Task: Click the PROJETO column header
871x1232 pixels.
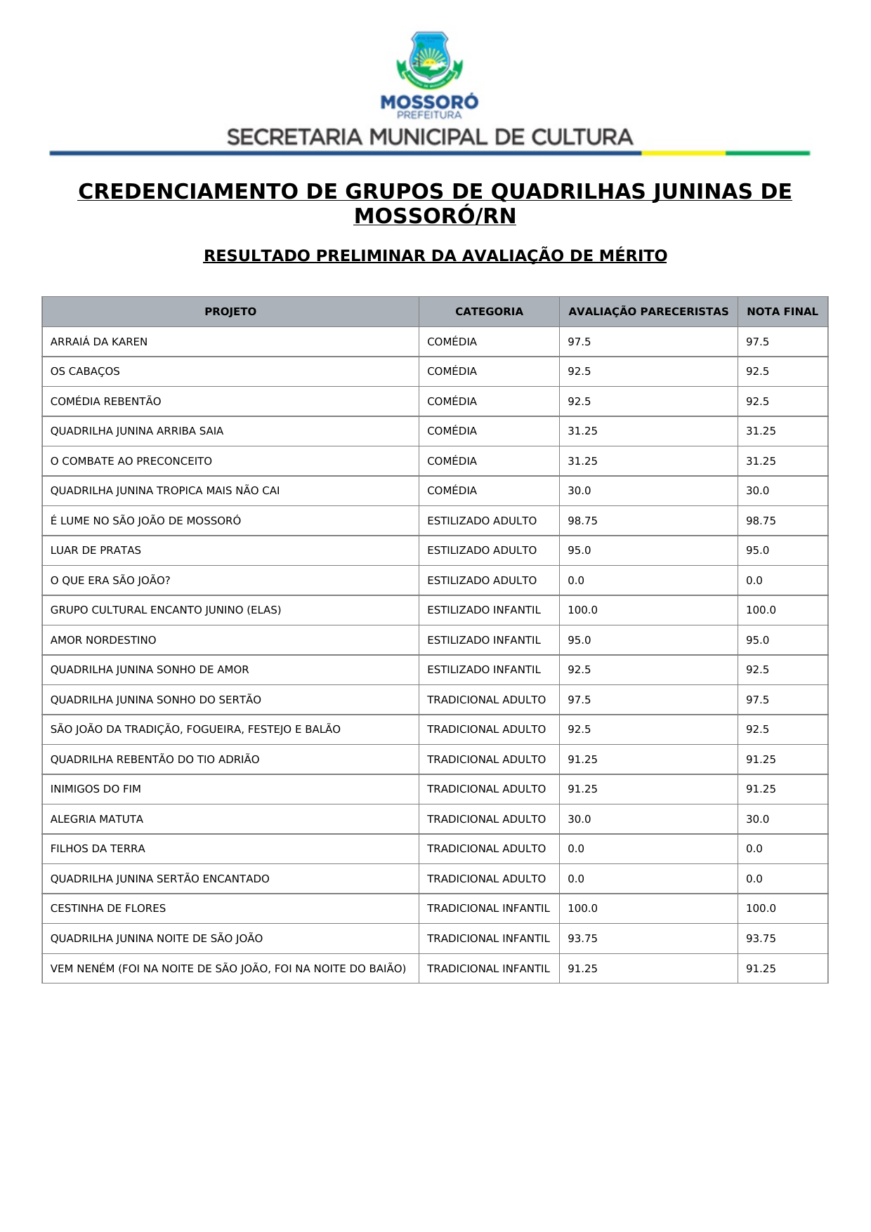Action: (x=230, y=312)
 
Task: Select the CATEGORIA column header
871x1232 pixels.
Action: (x=489, y=312)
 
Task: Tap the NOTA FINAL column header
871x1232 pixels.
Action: (x=782, y=312)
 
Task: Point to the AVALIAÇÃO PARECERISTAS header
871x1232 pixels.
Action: (x=648, y=312)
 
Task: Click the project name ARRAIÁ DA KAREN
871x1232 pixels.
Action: (x=99, y=342)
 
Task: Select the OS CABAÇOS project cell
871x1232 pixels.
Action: (x=85, y=371)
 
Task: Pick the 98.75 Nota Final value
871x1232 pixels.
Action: (x=761, y=521)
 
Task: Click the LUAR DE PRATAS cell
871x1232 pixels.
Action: (x=96, y=550)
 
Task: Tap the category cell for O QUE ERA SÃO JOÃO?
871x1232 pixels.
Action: (x=482, y=581)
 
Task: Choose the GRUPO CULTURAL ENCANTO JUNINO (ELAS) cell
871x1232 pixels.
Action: (x=166, y=610)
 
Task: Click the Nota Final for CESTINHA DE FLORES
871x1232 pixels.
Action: (x=761, y=908)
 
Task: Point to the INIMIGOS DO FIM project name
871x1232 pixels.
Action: (x=96, y=789)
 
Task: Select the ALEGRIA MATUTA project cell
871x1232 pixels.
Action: (x=97, y=819)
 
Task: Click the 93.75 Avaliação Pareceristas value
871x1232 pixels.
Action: (x=582, y=939)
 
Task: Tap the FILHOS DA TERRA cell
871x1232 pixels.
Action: (x=98, y=849)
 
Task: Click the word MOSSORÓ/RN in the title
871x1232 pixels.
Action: (x=435, y=216)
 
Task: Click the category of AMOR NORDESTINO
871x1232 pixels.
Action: (x=484, y=640)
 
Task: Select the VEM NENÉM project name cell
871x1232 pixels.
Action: (x=228, y=969)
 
